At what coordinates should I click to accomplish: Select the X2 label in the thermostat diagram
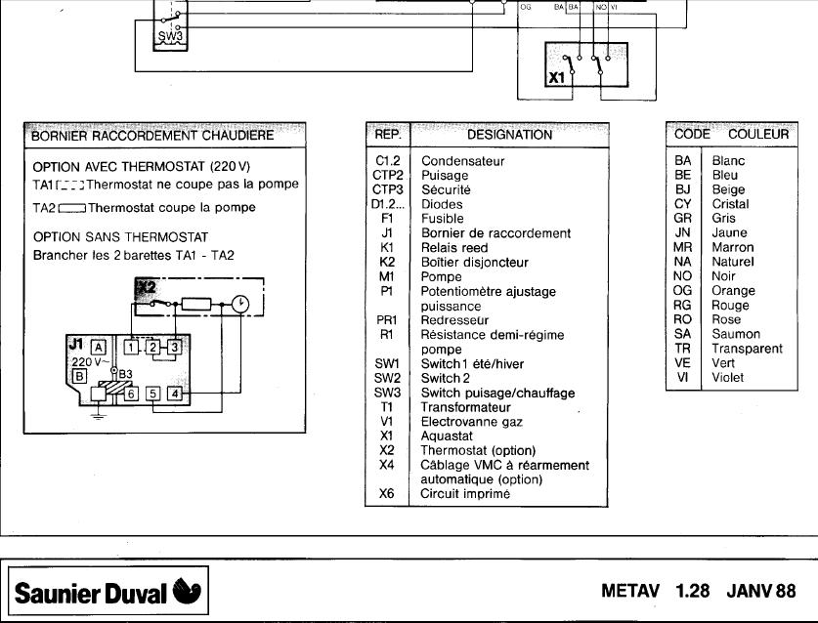coord(146,286)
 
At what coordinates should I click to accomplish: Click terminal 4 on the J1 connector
coord(174,394)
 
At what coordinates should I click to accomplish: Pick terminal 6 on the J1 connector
coord(131,394)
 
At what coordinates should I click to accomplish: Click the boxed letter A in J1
coord(98,346)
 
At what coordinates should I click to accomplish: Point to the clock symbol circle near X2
coord(240,305)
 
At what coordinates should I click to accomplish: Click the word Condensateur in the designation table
coord(462,161)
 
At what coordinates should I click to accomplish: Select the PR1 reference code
coord(386,320)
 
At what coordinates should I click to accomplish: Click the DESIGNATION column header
coord(509,135)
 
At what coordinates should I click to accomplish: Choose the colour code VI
coord(682,377)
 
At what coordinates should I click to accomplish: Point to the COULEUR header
coord(757,134)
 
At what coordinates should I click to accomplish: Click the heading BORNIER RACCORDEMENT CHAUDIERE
coord(153,135)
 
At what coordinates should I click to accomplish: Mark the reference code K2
coord(386,263)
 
